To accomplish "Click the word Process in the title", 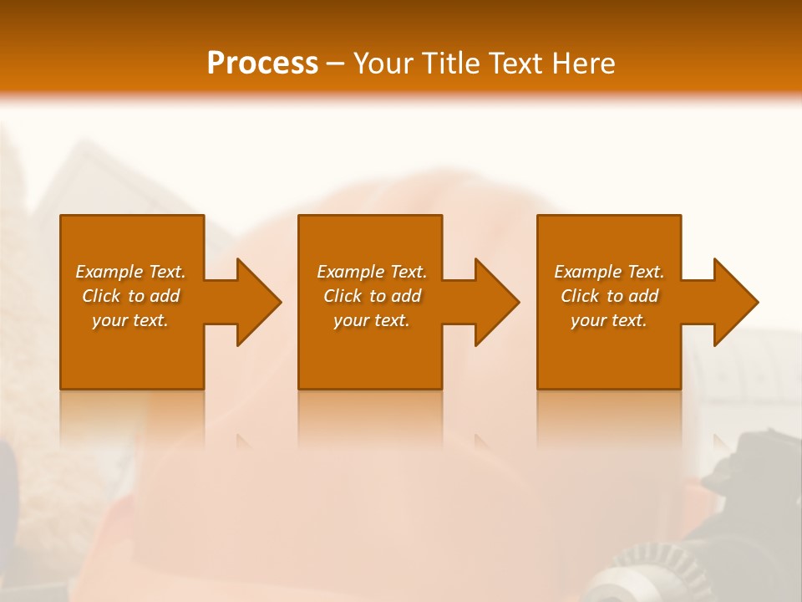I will click(262, 64).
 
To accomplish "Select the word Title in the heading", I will click(452, 64).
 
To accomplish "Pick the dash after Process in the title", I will click(336, 65).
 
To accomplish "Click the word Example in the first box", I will click(110, 272).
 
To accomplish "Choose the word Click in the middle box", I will click(343, 296).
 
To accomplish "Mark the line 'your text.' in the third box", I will click(609, 320).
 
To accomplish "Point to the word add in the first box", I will click(165, 296).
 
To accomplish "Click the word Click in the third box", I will click(581, 296).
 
